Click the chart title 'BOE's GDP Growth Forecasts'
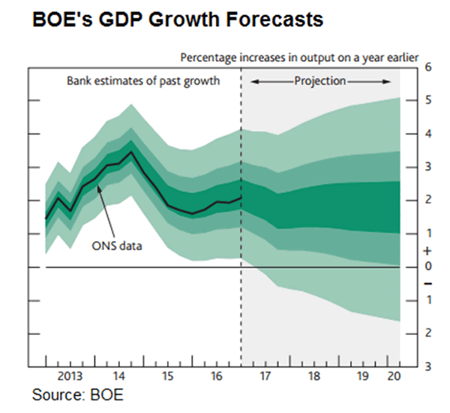178,20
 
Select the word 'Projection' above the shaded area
320,80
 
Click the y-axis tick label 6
427,67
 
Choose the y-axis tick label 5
427,101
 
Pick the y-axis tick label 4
427,134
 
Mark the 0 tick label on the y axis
427,267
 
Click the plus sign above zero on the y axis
427,251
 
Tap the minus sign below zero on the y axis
427,283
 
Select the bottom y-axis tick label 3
427,366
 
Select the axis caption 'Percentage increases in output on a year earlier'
298,57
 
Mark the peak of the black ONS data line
131,152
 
